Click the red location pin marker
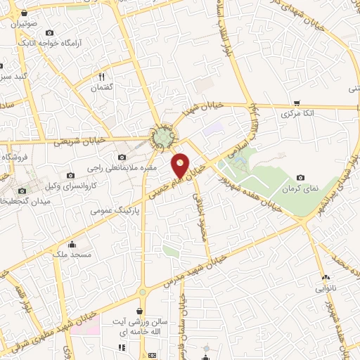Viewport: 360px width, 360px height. click(181, 165)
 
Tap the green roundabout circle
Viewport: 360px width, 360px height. click(164, 135)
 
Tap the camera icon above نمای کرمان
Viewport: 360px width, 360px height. click(301, 178)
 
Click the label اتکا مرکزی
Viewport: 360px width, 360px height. click(297, 113)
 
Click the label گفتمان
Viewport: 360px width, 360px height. click(103, 88)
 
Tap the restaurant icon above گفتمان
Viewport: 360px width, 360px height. click(102, 77)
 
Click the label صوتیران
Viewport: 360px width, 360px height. click(24, 23)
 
